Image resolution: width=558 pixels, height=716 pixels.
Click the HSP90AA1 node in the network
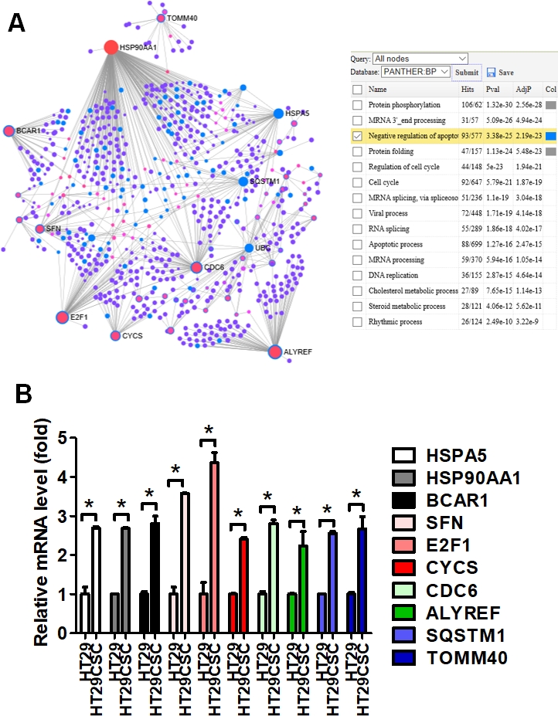[111, 48]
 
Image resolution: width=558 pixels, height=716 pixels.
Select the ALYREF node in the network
[274, 352]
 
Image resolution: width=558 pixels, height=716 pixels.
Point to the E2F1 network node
[63, 317]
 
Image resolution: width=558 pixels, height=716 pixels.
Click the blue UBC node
[249, 248]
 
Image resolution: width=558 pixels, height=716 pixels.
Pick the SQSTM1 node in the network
[243, 182]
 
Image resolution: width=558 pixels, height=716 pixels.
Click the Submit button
[466, 73]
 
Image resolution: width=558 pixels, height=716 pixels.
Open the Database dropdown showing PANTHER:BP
[417, 72]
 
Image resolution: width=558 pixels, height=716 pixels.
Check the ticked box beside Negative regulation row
[357, 136]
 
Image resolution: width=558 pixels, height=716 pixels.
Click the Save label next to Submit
[505, 73]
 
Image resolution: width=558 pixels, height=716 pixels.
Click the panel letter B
[24, 396]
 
